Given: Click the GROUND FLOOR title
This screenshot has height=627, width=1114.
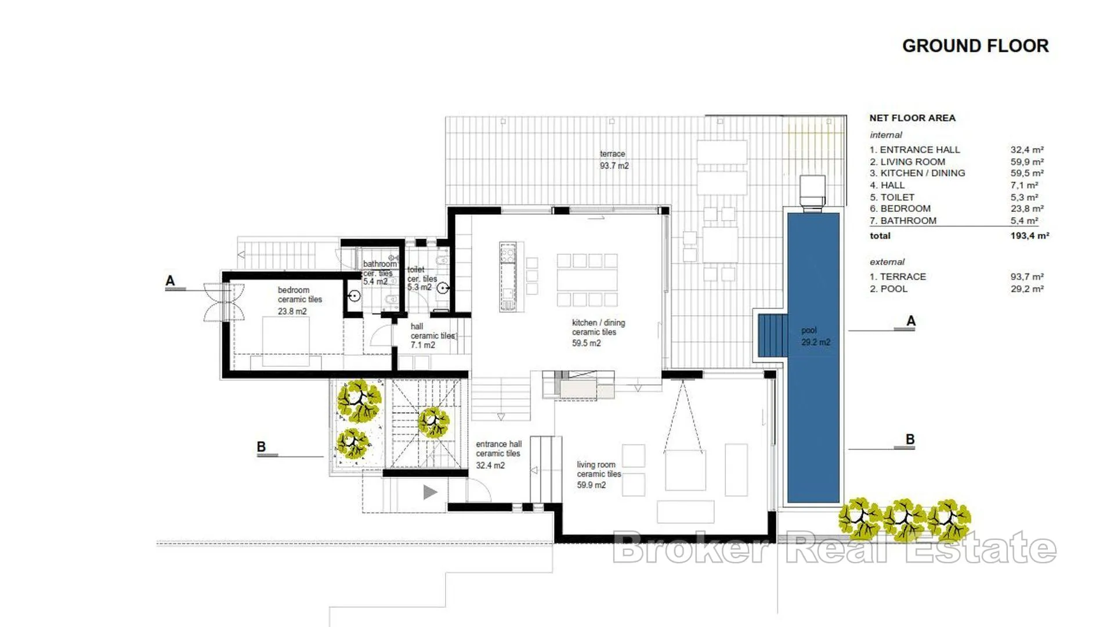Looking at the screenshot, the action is [975, 46].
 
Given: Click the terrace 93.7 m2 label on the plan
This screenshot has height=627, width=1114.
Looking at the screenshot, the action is [614, 160].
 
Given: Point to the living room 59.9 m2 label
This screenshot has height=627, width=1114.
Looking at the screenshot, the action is [599, 474].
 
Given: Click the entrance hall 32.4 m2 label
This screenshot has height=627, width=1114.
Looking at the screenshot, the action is [498, 454].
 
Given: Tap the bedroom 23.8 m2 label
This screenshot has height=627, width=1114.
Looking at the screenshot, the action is [299, 300].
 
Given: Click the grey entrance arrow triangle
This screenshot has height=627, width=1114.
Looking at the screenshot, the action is [430, 492].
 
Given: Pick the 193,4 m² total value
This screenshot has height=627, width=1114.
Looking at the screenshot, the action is [1029, 236].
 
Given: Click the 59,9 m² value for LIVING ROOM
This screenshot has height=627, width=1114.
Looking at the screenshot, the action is [1027, 162].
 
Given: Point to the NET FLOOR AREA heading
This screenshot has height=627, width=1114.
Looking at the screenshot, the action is [912, 118].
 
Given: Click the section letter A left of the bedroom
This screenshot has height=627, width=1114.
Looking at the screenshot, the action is [170, 281].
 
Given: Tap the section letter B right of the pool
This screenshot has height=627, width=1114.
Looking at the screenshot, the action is [910, 439].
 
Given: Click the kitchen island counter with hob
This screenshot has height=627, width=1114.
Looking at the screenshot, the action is [508, 277].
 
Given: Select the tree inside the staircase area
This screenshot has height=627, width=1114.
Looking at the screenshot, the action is [433, 422].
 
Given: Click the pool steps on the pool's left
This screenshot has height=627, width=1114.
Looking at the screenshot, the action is [772, 336].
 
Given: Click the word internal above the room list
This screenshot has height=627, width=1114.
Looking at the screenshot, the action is [886, 135].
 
